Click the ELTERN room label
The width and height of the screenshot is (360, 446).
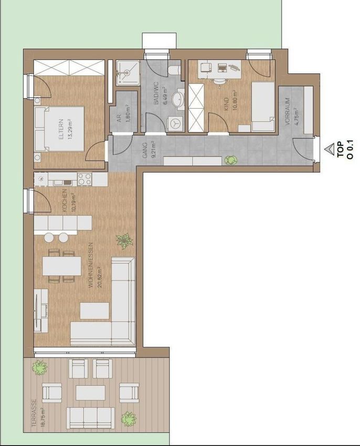coord(61,129)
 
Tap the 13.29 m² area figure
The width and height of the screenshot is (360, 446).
coord(70,129)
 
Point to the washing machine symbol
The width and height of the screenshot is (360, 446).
coord(174,124)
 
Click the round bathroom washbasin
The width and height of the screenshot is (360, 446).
coord(179,99)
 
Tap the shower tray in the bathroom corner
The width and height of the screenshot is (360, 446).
coord(128,72)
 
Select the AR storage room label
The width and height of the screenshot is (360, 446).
coord(120,119)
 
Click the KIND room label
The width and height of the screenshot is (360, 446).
coord(227,104)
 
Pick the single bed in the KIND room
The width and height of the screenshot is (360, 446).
coord(263,107)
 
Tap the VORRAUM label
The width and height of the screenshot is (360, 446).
coord(288,112)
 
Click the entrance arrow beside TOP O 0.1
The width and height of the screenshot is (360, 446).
coord(330,150)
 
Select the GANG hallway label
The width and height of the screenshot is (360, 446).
coord(145,151)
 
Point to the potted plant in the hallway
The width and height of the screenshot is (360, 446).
coord(231,160)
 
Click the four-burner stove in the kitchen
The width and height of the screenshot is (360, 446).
coord(84,179)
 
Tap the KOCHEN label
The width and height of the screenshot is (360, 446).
coord(65,200)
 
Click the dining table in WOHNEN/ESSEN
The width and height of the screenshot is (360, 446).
coord(62,266)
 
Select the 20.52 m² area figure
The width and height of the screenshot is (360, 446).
coord(99,277)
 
